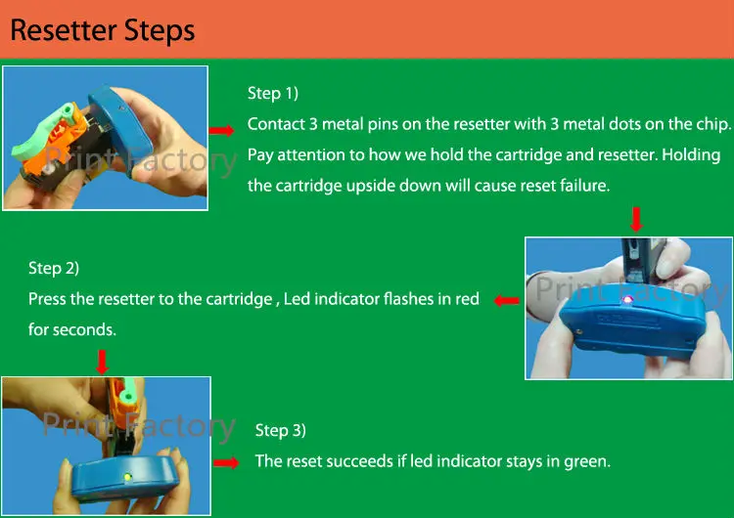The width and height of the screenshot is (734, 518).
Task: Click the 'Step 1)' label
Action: [273, 93]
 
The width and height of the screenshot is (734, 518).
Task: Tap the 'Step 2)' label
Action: [54, 268]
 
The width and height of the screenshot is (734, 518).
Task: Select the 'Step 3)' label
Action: [281, 430]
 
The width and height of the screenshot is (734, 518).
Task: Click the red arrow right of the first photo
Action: [223, 130]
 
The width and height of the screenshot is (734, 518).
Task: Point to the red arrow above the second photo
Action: [636, 216]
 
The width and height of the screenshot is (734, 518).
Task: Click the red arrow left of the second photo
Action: [506, 301]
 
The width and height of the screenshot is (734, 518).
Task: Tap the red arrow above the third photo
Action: [102, 363]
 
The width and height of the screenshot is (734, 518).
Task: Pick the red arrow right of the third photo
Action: [226, 462]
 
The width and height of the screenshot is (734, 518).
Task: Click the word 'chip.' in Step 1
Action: [712, 124]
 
